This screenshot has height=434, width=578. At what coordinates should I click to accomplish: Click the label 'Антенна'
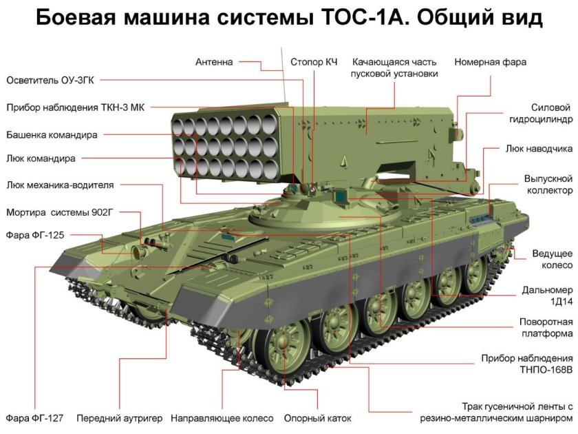(214, 62)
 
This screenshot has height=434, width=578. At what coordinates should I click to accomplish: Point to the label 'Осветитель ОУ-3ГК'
(49, 81)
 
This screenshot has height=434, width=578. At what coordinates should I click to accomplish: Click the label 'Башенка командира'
(52, 134)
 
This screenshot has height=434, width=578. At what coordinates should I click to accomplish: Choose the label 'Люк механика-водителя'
(60, 185)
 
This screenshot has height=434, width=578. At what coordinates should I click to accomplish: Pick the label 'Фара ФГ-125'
(35, 235)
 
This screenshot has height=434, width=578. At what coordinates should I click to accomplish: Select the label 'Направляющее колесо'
(222, 418)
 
